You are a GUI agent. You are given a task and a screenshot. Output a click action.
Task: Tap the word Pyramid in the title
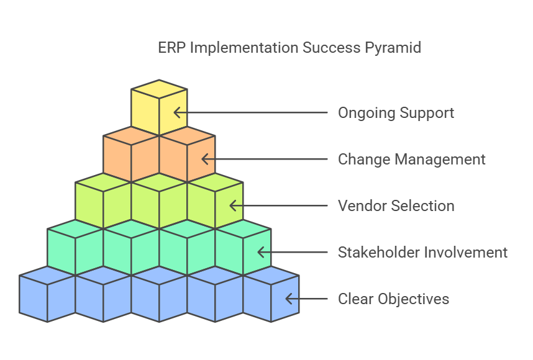[x=396, y=48]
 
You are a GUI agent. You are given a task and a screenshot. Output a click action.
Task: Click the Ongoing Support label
[x=396, y=113]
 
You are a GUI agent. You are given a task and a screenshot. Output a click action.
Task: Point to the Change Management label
[x=411, y=160]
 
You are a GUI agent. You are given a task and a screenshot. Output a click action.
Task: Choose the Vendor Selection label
[x=396, y=206]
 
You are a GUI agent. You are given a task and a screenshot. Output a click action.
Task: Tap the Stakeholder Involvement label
[x=422, y=253]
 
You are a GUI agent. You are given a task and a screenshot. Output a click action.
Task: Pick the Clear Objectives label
[x=393, y=299]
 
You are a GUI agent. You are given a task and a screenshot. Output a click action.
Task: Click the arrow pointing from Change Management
[x=265, y=160]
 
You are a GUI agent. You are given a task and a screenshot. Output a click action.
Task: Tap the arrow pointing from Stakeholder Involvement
[x=293, y=253]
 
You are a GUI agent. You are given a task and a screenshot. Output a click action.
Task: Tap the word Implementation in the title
[x=244, y=48]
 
